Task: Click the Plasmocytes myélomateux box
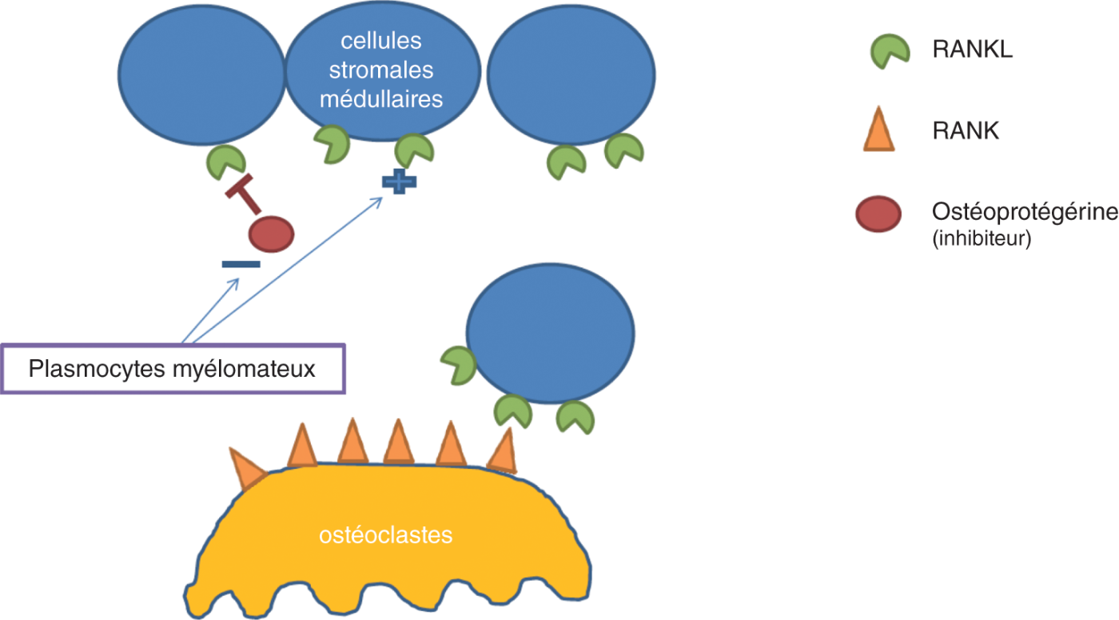tap(173, 369)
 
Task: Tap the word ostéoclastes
tap(385, 534)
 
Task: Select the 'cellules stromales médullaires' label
tap(381, 70)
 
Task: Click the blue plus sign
tap(399, 182)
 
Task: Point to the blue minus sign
tap(241, 264)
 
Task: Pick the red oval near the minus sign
tap(271, 234)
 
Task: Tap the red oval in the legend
tap(878, 214)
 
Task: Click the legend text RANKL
tap(972, 50)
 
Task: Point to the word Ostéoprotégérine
tap(1024, 213)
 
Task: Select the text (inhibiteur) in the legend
tap(982, 238)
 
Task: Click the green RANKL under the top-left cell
tap(225, 162)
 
